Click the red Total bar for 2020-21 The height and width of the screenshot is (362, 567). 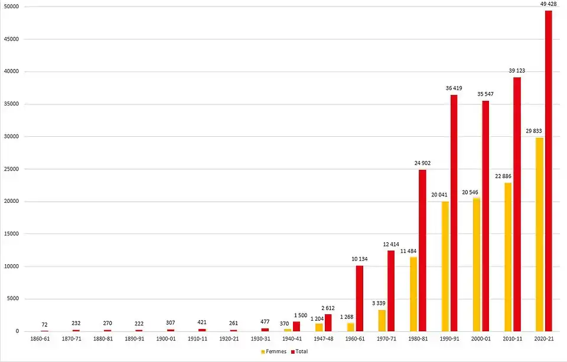coord(549,171)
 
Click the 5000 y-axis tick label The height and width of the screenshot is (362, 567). coord(14,299)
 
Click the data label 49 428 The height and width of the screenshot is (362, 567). coord(549,4)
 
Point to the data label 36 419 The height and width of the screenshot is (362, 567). coord(454,88)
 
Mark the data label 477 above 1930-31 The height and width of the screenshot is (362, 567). coord(265,322)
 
